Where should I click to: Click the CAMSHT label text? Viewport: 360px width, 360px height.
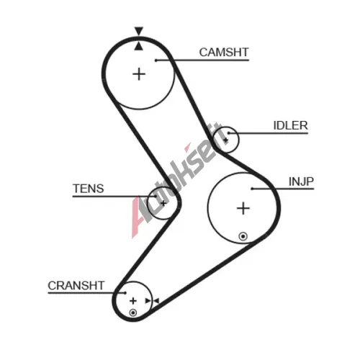(x=224, y=53)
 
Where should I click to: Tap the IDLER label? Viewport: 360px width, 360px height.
(x=290, y=125)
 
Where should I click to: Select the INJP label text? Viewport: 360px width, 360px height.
(x=301, y=181)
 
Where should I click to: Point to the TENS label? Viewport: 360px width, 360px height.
(x=89, y=189)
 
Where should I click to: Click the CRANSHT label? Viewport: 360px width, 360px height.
(x=76, y=286)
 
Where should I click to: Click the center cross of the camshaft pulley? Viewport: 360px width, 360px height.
(x=139, y=74)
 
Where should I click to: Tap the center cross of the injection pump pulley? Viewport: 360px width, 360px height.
(x=243, y=208)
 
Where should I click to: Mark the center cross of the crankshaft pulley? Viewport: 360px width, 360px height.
(x=133, y=301)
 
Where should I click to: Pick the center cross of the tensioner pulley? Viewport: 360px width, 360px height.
(x=163, y=204)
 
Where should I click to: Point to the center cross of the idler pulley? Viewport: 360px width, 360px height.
(x=225, y=140)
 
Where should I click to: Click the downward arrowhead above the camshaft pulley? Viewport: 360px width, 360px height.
(x=139, y=31)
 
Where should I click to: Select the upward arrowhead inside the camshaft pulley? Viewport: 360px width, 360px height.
(x=139, y=46)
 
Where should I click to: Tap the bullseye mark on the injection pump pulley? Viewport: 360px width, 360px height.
(x=243, y=236)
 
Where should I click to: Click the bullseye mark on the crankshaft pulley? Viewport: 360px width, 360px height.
(x=133, y=312)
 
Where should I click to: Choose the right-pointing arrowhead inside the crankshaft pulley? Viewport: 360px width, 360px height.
(x=148, y=301)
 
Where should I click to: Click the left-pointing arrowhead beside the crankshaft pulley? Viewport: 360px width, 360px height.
(x=156, y=301)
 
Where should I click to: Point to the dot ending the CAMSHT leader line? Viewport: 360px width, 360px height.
(x=156, y=60)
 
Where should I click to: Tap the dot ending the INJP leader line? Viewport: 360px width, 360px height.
(x=252, y=189)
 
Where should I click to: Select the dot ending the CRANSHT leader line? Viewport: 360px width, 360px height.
(x=125, y=293)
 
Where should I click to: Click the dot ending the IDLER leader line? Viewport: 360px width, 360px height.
(x=229, y=133)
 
